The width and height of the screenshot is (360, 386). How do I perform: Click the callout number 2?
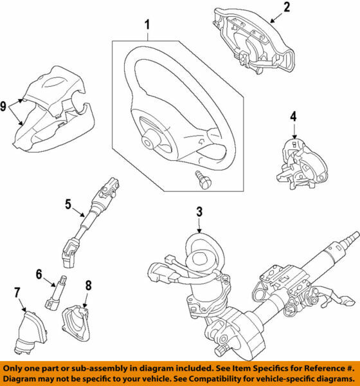click(287, 8)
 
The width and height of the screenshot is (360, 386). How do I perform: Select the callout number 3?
click(199, 212)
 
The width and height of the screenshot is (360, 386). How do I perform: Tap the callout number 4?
click(293, 117)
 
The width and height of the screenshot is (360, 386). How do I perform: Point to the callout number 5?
click(69, 205)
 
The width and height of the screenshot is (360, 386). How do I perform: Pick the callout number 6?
click(39, 274)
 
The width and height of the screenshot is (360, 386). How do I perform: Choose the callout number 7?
click(17, 294)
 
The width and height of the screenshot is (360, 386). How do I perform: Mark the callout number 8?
click(89, 282)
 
